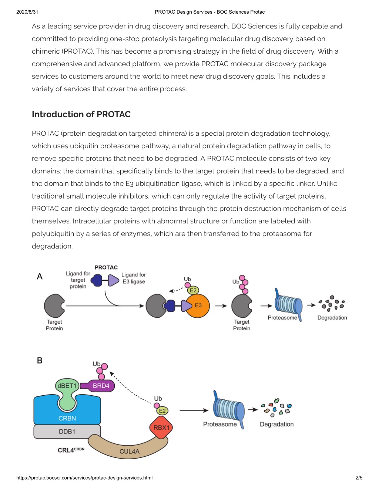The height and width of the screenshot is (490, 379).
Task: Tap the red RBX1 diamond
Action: (x=161, y=428)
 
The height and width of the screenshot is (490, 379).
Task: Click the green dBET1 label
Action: (x=67, y=386)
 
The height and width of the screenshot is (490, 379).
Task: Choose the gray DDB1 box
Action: (x=67, y=432)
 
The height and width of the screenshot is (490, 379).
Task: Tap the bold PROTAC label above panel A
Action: (x=106, y=267)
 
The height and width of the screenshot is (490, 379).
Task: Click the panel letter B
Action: (x=40, y=360)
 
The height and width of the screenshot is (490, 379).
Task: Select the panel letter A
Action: (x=40, y=276)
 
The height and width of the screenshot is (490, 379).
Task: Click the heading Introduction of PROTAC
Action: (x=81, y=114)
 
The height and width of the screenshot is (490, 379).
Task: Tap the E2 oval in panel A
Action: (x=193, y=290)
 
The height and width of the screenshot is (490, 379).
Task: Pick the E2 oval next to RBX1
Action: (x=162, y=411)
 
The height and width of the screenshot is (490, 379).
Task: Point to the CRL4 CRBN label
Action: (x=71, y=450)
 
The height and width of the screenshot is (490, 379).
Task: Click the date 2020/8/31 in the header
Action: (x=27, y=12)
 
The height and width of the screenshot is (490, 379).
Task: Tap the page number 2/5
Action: (x=359, y=477)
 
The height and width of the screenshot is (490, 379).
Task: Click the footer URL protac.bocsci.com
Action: (x=84, y=477)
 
